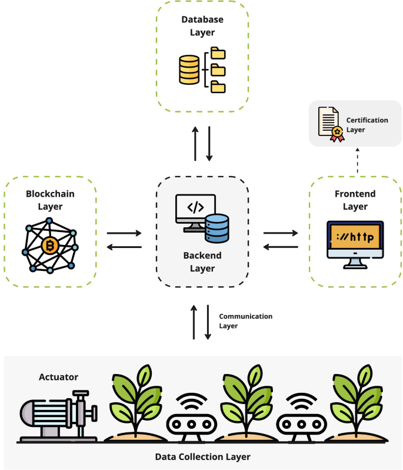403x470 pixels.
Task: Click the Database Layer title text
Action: tap(202, 25)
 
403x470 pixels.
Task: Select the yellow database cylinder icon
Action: tap(189, 69)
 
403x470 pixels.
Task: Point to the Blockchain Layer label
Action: tap(50, 199)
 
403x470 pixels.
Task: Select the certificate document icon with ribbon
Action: tap(330, 124)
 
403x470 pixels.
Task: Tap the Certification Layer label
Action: tap(367, 124)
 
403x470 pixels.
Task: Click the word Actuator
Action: tap(58, 377)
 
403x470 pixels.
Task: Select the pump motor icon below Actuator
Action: tap(57, 415)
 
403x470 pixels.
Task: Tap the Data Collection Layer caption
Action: tap(202, 456)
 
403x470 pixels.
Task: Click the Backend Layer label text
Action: tap(202, 262)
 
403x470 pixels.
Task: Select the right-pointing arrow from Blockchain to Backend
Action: tap(124, 233)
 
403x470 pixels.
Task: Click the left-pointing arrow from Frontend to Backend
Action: tap(281, 247)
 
